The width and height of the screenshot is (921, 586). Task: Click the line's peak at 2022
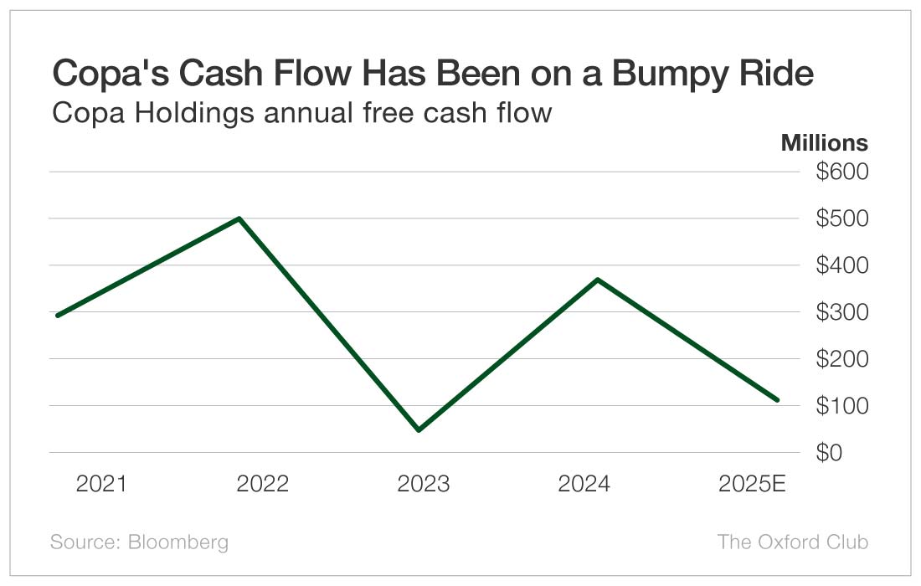tap(240, 218)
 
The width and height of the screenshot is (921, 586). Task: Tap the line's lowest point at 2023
tap(418, 430)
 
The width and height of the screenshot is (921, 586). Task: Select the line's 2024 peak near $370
tap(597, 279)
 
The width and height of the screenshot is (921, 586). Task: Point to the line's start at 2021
tap(57, 316)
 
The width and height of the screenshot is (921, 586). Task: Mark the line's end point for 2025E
tap(778, 400)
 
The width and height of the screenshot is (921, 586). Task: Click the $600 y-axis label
tap(842, 172)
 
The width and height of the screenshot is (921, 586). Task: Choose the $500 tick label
tap(842, 218)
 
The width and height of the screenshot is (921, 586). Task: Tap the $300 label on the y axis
tap(842, 312)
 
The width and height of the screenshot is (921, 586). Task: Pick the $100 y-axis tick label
tap(842, 406)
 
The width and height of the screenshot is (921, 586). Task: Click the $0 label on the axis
tap(852, 453)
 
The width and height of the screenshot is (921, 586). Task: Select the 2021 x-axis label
tap(101, 484)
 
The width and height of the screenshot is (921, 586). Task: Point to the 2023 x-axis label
tap(423, 484)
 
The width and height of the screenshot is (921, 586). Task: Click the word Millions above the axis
tap(824, 142)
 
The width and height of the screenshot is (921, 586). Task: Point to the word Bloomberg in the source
tap(178, 542)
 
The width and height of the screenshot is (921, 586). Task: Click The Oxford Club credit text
tap(792, 542)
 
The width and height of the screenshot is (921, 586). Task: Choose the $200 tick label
tap(842, 359)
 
